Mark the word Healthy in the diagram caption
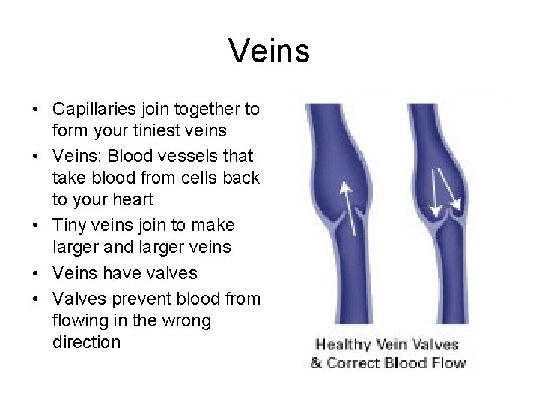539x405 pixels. [346, 346]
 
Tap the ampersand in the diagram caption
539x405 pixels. [317, 364]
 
